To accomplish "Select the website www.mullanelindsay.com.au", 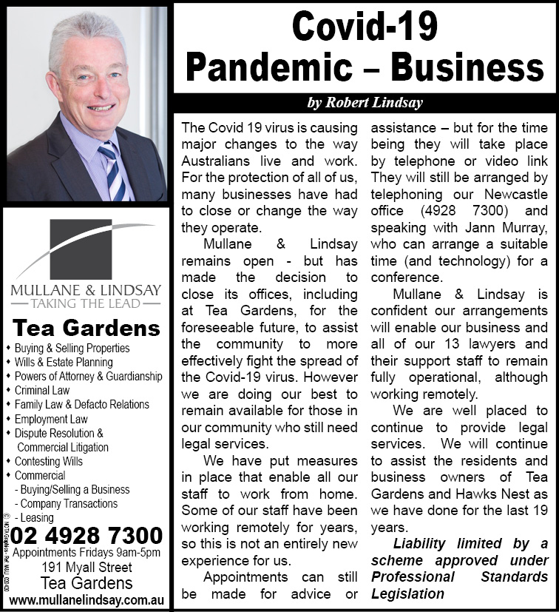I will point(86,599).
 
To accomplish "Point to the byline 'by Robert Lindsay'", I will point(365,103).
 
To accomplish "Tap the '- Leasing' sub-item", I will point(37,517).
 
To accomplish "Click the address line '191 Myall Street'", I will point(86,568).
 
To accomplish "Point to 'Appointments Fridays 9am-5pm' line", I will point(87,552).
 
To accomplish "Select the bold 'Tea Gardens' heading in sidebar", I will point(87,327).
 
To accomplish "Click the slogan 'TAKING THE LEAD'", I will point(86,303).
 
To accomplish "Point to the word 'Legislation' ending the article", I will point(407,593).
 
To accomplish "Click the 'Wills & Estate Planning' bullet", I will point(64,362).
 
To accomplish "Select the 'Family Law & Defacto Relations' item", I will point(81,404).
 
